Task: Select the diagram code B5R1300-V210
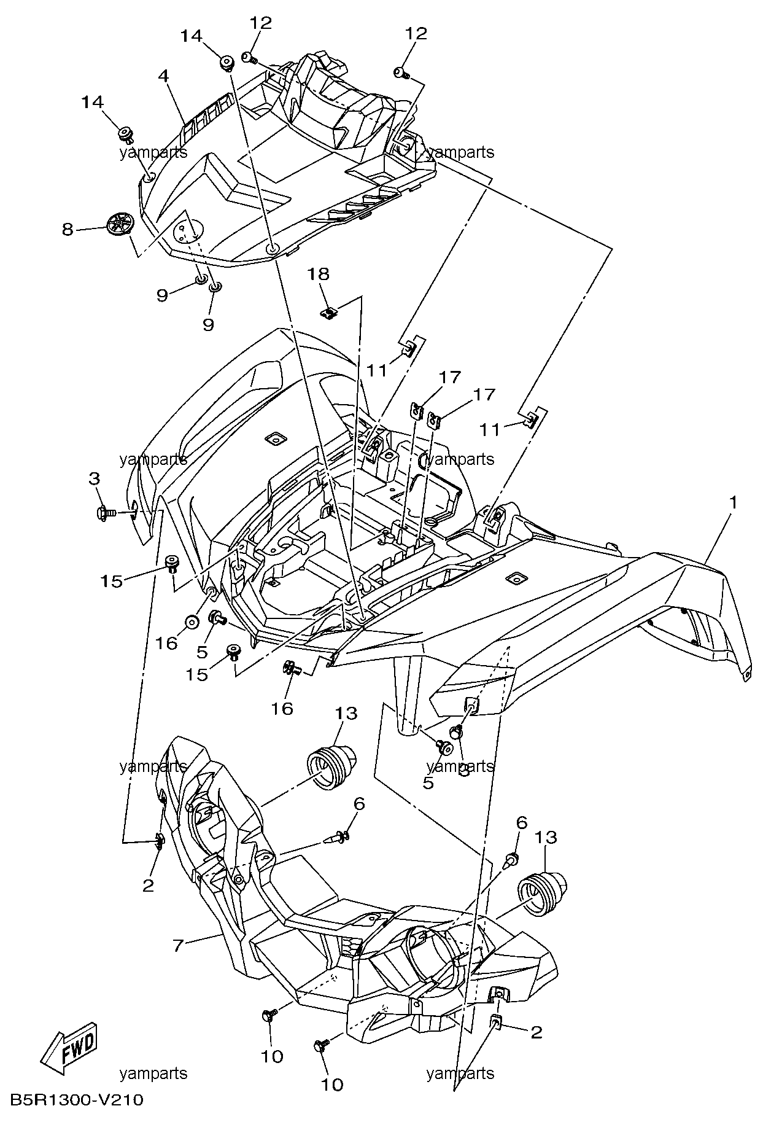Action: coord(77,1100)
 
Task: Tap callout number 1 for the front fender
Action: coord(732,502)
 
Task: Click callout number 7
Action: coord(178,945)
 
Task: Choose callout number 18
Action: coord(319,274)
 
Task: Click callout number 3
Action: coord(94,477)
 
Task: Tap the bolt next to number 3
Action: coord(107,512)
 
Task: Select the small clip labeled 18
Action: coord(330,313)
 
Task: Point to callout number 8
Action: coord(68,230)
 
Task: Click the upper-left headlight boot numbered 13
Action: coord(330,763)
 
